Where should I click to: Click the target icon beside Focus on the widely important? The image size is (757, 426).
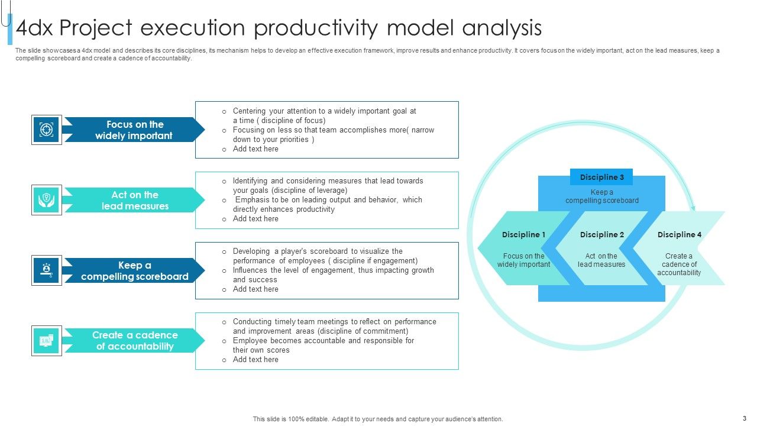coord(46,130)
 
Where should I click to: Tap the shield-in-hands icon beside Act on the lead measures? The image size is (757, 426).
coord(46,200)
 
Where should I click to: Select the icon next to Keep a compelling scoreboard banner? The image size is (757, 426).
coord(46,270)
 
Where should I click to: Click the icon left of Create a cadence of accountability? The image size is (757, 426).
coord(46,341)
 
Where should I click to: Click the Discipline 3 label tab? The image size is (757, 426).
coord(601,177)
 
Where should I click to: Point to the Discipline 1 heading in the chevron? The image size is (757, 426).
coord(523,235)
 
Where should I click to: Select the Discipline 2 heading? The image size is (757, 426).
coord(601,235)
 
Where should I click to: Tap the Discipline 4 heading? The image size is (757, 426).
coord(679,235)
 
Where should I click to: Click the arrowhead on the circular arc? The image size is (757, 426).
coord(693,208)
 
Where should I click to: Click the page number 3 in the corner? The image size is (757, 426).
coord(744,418)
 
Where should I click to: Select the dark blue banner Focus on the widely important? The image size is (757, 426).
coord(134,130)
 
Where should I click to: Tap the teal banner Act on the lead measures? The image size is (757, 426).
coord(134,200)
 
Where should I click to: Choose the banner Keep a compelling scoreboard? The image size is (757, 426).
coord(134,270)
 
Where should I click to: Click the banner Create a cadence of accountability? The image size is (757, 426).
coord(134,341)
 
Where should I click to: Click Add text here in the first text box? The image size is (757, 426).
coord(255,149)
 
